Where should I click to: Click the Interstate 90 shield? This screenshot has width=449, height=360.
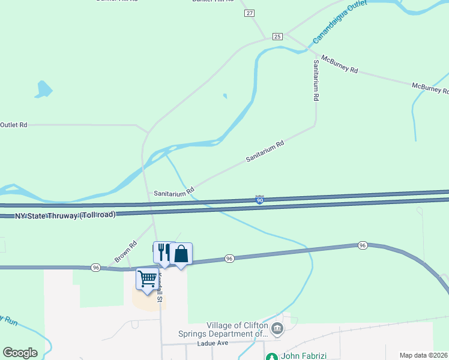259,200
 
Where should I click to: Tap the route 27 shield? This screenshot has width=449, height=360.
250,13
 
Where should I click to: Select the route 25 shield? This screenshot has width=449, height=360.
277,37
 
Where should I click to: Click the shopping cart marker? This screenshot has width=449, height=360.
147,278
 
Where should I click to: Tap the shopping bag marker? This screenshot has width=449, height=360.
181,254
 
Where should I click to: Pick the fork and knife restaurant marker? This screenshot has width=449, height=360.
164,252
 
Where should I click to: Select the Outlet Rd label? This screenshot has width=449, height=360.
14,125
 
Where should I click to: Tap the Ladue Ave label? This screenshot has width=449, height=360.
213,344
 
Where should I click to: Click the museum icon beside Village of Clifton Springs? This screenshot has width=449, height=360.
277,328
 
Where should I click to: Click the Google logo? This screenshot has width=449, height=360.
20,353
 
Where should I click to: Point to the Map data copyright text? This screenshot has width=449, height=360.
424,355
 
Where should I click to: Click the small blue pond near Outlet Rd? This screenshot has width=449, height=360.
43,89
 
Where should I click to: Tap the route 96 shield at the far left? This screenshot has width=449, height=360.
96,267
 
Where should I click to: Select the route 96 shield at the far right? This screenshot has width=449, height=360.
362,245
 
